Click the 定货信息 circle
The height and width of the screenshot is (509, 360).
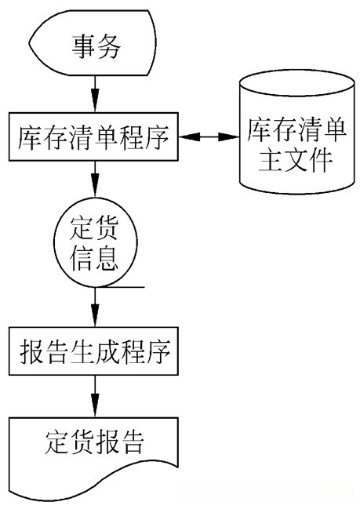[95, 243]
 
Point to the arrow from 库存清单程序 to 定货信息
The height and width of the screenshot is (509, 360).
[95, 180]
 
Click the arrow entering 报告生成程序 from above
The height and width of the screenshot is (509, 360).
[95, 306]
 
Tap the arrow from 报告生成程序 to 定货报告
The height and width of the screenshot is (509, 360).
[95, 395]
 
